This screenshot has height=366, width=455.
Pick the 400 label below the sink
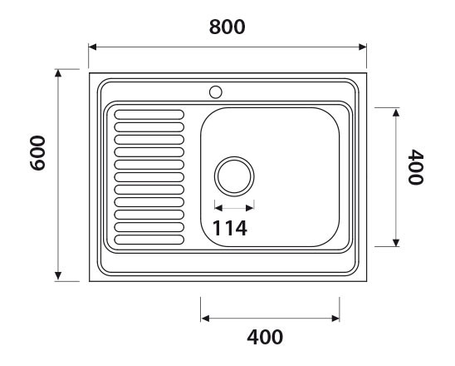[266, 338]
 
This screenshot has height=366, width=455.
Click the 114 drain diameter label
[230, 228]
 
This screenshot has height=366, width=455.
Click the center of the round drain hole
[234, 176]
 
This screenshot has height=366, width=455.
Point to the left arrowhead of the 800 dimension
[92, 47]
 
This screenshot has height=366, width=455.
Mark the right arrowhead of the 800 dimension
[362, 47]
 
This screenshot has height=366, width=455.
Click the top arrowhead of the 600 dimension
[58, 73]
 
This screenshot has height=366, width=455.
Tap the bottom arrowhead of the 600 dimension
[58, 276]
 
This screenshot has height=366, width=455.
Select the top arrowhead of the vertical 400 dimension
[395, 111]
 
